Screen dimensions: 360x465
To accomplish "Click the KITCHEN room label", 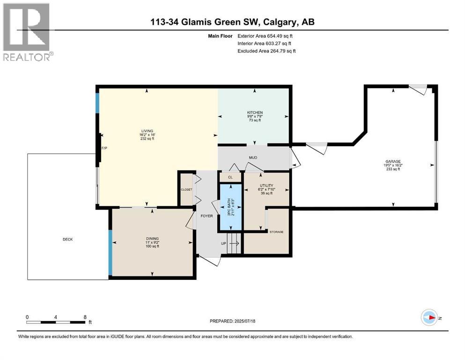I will click(255, 112).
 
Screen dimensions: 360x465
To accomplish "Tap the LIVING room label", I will click(148, 131).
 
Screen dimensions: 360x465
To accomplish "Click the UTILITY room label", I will click(266, 186).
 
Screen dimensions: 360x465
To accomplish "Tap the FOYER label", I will click(207, 216).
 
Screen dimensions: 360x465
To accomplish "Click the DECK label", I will click(67, 240).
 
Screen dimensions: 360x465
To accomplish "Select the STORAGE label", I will click(276, 232).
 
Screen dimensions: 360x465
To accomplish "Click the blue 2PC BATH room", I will click(230, 207).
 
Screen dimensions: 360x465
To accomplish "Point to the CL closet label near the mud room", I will click(230, 177).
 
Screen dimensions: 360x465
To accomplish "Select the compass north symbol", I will click(429, 317).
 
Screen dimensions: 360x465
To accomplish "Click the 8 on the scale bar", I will click(85, 317).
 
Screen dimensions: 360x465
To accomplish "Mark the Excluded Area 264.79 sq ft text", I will click(266, 51).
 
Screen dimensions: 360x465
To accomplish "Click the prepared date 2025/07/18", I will click(232, 321).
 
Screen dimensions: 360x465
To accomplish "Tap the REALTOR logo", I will click(27, 32).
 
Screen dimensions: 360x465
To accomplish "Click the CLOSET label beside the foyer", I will click(186, 189).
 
